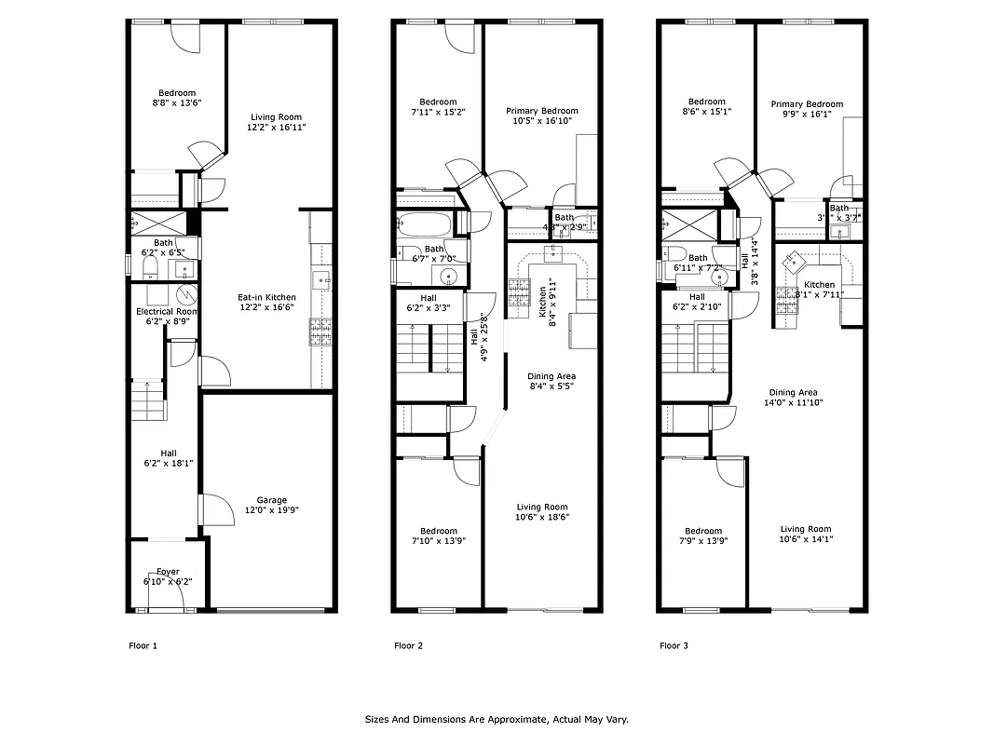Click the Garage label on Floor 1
[271, 500]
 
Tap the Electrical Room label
[167, 312]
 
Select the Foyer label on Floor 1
[168, 572]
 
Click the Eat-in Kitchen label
[266, 298]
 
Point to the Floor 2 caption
[408, 645]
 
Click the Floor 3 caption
[674, 645]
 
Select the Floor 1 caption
[143, 645]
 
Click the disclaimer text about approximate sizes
[496, 720]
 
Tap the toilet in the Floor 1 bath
[149, 268]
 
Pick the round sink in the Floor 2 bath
[448, 277]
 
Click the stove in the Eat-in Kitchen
[320, 332]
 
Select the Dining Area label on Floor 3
[793, 393]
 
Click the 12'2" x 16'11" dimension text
[277, 128]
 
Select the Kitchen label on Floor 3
[820, 285]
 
